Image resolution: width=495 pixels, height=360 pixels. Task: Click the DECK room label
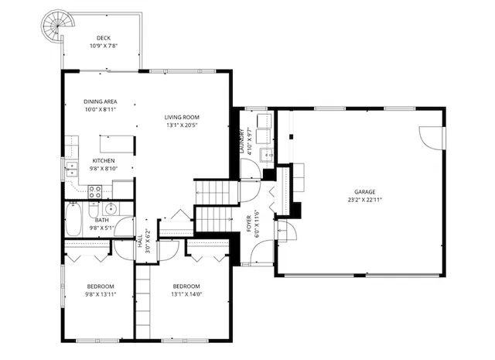[x=103, y=39]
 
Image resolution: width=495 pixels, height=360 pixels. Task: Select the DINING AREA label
[x=100, y=101]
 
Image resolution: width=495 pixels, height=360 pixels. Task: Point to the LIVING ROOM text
[x=182, y=118]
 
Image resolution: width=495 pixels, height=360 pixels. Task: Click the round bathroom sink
[x=110, y=208]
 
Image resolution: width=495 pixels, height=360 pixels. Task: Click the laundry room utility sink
[x=270, y=155]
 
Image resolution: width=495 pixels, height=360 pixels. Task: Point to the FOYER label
[x=249, y=223]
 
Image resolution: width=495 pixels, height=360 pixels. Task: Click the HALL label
[x=140, y=244]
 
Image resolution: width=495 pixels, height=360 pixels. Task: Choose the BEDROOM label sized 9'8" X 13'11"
[x=100, y=286]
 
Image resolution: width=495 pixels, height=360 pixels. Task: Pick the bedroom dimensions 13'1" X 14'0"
[x=186, y=294]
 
